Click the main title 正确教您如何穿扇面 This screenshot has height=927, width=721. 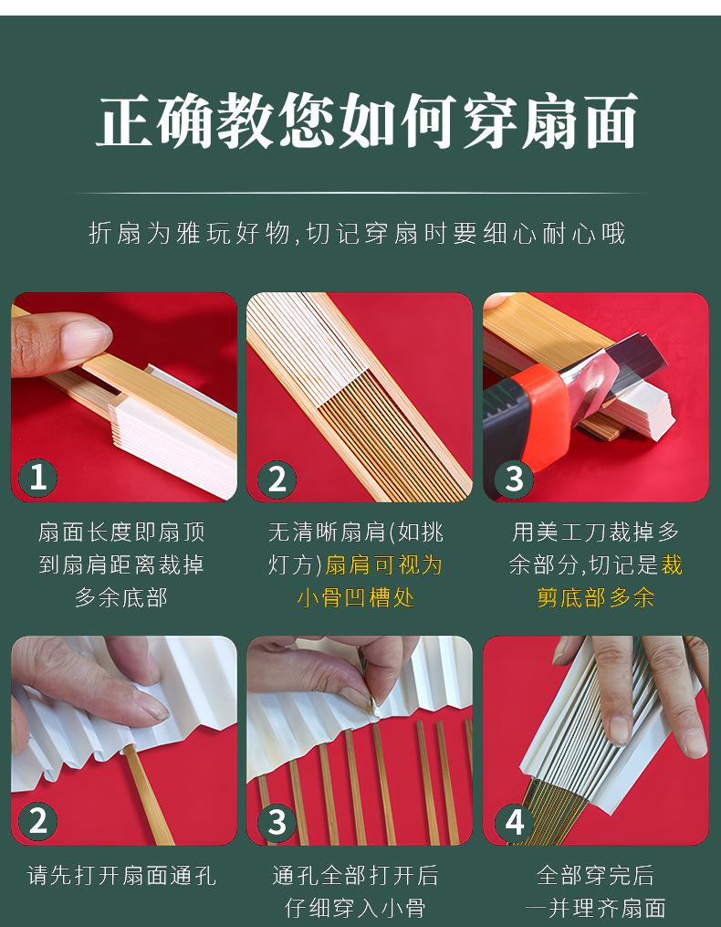coord(366,121)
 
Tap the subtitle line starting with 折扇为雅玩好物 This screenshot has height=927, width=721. coord(357,233)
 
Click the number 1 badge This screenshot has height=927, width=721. coord(37,477)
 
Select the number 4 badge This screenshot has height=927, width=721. coord(514,821)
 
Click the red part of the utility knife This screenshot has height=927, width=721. coord(539,414)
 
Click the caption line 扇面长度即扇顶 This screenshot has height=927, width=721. coord(121,532)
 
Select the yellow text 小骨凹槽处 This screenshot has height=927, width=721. coord(356,597)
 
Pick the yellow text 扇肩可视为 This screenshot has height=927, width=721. coord(383,565)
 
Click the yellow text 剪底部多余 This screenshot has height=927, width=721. coord(596,597)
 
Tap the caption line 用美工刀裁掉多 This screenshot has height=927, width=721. coord(596,532)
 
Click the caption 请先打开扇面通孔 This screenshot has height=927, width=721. coord(121,876)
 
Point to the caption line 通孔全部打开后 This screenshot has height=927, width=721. coord(356,876)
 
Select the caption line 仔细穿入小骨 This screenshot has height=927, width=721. coord(356,908)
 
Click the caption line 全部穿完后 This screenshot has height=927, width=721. coord(596,876)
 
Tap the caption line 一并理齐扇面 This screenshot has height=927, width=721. coord(596,908)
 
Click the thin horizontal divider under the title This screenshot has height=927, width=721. coord(357,193)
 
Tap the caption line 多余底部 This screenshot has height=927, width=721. coord(121,597)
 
